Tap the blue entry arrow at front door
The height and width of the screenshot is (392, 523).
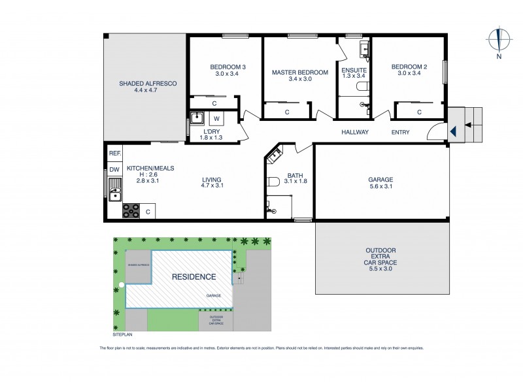click(x=452, y=131)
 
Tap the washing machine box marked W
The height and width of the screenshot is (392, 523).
click(x=216, y=119)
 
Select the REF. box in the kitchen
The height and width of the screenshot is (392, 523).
click(x=115, y=154)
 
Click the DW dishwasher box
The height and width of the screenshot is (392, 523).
click(x=114, y=171)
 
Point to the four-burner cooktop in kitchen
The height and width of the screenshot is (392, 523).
click(x=131, y=211)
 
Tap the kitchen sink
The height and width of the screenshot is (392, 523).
click(x=115, y=194)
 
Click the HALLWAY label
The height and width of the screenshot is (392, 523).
click(x=355, y=133)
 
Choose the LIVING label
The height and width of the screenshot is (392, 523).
click(x=211, y=180)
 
